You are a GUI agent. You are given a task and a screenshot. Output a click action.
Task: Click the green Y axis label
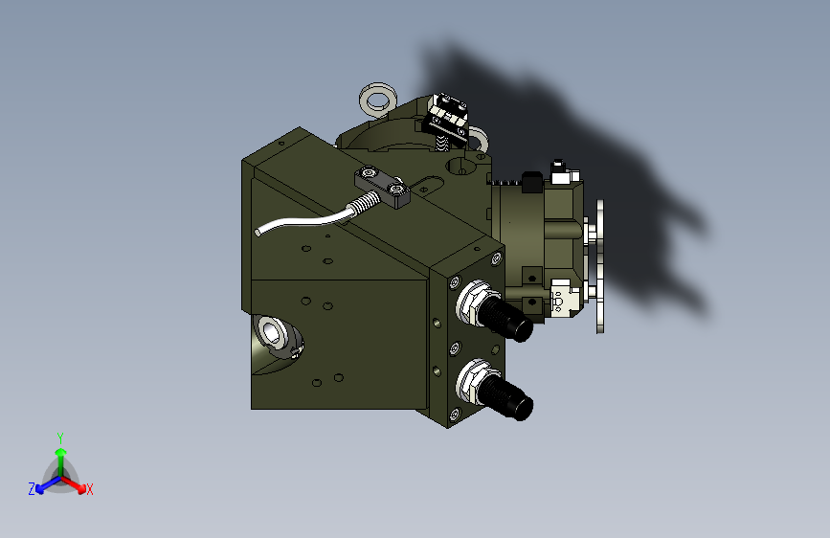click(60, 438)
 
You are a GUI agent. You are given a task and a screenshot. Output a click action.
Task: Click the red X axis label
click(89, 489)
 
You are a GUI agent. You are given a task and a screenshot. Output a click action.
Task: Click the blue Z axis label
click(32, 489)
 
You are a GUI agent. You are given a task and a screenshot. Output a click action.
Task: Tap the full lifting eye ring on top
click(378, 100)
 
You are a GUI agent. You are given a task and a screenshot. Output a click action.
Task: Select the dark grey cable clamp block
click(382, 187)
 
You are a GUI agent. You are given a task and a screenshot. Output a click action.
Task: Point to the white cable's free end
click(258, 233)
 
